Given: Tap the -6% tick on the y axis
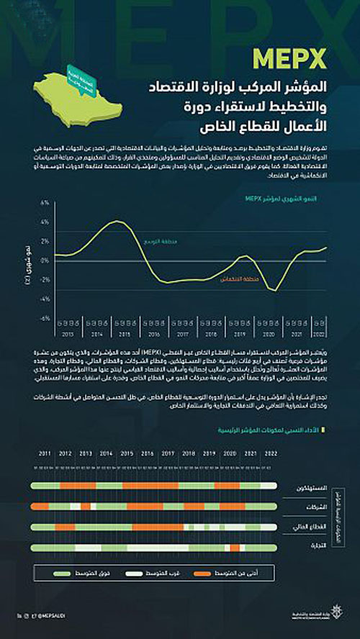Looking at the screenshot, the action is [x=45, y=318].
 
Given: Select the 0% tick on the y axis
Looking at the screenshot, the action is [x=45, y=260].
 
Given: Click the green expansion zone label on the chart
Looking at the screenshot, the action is [x=158, y=242].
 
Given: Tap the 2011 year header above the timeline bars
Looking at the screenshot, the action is [x=45, y=454].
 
